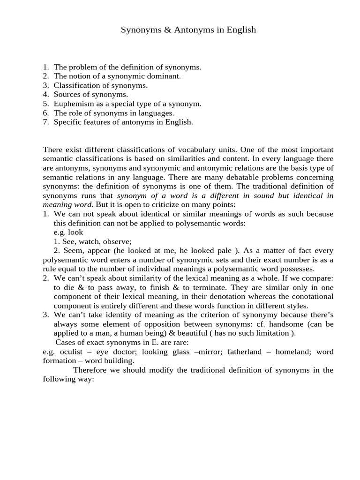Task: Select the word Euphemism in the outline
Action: pyautogui.click(x=71, y=104)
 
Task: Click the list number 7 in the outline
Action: pyautogui.click(x=45, y=122)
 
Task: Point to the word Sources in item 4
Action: pyautogui.click(x=67, y=94)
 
